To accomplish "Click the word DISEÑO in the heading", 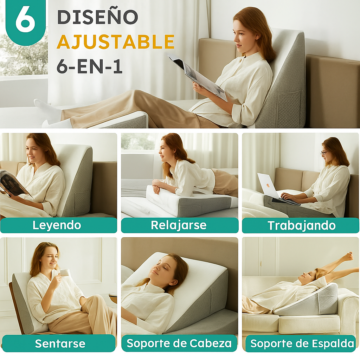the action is click(x=97, y=17).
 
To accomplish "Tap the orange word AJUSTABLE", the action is click(x=115, y=42).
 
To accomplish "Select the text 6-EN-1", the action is click(x=89, y=66).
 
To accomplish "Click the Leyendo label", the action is click(x=57, y=225).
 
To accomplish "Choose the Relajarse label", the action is click(x=179, y=225).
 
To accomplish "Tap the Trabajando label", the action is click(x=301, y=225).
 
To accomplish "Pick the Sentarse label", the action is click(x=60, y=343).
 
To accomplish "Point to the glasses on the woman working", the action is click(x=324, y=153).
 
